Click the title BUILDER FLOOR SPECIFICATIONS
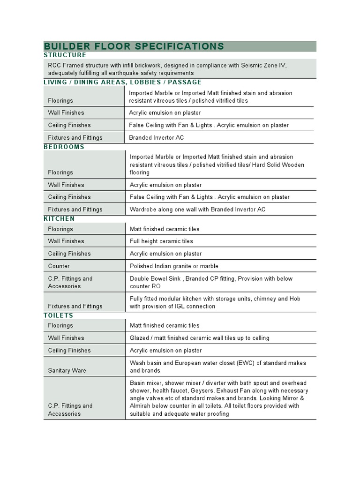[x=134, y=46]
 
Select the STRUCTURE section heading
[x=65, y=55]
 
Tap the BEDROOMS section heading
[x=64, y=147]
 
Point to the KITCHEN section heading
[x=59, y=219]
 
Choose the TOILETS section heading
[x=59, y=315]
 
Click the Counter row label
[x=59, y=266]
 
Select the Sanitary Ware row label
[x=67, y=371]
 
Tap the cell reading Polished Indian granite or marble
[x=174, y=266]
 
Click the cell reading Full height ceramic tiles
[x=161, y=241]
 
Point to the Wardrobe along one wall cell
[x=197, y=210]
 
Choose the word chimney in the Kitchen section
[x=263, y=299]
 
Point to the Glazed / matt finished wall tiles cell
[x=199, y=338]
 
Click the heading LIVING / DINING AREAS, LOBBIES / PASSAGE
[x=122, y=82]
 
